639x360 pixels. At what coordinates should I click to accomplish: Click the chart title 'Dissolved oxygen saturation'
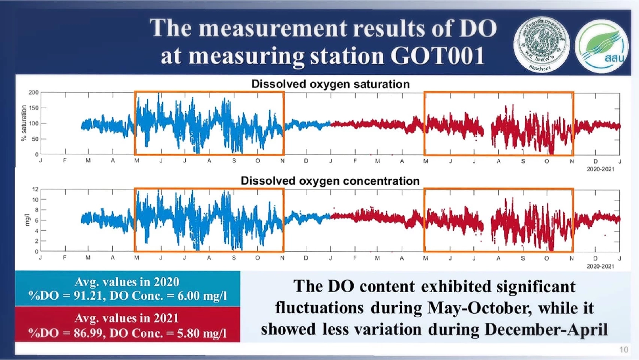pos(330,84)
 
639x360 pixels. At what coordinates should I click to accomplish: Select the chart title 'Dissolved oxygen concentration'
pos(330,181)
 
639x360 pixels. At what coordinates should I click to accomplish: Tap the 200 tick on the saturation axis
pos(33,93)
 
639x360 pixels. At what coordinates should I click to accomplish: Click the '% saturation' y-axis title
pos(23,124)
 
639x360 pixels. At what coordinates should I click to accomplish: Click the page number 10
pos(623,350)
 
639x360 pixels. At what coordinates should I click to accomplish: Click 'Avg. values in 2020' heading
pos(127,282)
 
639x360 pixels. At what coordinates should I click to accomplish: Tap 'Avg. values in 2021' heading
pos(127,318)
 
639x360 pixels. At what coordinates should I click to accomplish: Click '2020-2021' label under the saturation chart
pos(600,169)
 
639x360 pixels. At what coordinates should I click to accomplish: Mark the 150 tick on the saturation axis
pos(33,108)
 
